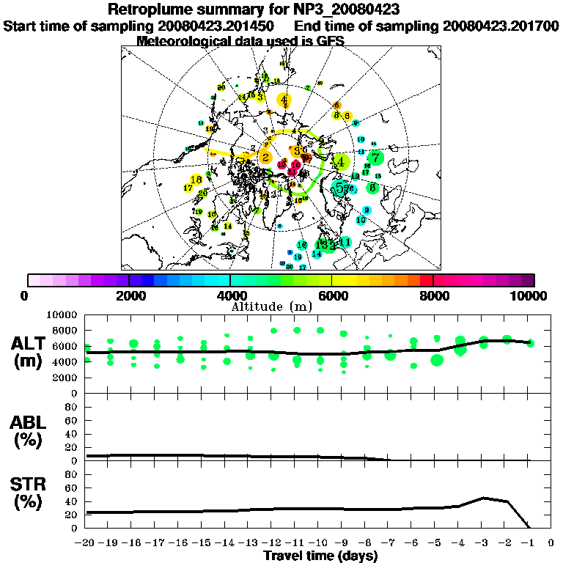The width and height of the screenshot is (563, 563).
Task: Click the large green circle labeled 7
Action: [375, 158]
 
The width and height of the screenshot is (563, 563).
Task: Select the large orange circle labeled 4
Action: [284, 100]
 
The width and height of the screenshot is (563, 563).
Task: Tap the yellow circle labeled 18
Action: [196, 180]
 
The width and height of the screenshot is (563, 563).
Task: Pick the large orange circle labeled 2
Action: [265, 157]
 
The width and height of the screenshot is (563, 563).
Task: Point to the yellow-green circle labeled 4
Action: [340, 162]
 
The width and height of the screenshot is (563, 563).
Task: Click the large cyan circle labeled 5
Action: [339, 188]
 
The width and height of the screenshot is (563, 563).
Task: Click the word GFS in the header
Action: [330, 41]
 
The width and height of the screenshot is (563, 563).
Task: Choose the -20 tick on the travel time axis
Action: [86, 543]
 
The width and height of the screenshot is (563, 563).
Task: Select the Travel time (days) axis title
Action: [320, 556]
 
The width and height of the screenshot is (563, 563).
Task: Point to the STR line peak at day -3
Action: [482, 498]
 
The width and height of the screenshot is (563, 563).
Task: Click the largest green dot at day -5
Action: [437, 360]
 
